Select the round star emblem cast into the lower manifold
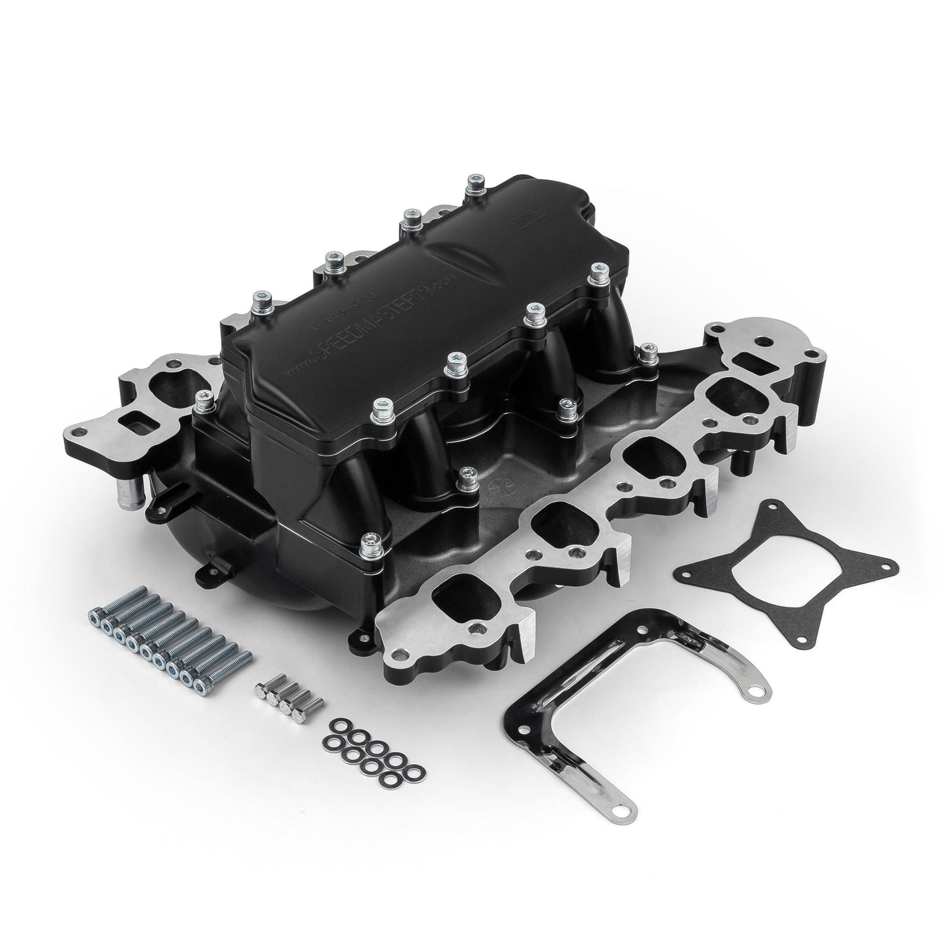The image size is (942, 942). [x=497, y=490]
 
